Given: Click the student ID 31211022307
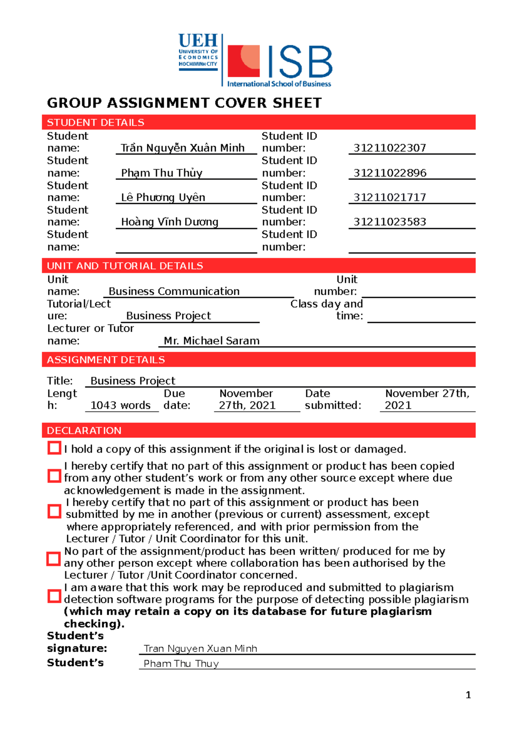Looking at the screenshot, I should (389, 148).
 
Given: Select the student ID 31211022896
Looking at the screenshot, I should (389, 173).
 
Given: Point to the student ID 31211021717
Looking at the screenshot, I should (389, 197).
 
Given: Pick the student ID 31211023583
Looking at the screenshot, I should (389, 222).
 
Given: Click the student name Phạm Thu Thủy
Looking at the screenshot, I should (162, 173).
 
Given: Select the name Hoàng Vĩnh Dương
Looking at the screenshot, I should (170, 222).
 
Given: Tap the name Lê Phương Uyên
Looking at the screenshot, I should (163, 197).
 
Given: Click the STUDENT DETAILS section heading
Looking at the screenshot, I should (96, 122).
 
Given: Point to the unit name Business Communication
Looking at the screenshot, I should (174, 291).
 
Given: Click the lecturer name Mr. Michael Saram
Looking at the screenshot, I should (212, 341).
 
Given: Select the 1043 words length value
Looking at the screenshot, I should (120, 406).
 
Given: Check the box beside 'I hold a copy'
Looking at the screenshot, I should (54, 448).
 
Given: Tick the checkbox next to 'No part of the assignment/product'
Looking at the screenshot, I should (53, 559).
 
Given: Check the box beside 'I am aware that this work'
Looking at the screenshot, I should (54, 596).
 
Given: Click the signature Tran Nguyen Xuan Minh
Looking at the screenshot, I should (200, 649).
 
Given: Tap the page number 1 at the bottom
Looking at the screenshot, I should (468, 695).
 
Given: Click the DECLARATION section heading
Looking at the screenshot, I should (84, 431).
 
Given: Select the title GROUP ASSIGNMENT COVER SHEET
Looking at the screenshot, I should (184, 103).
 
